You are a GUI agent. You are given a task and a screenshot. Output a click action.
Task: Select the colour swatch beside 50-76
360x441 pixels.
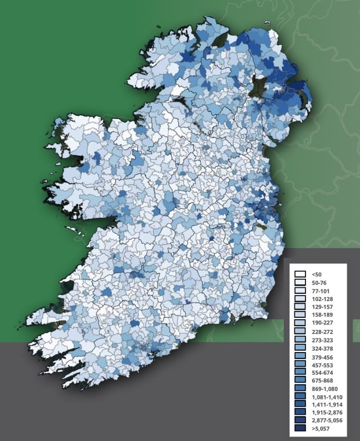click(301, 282)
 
